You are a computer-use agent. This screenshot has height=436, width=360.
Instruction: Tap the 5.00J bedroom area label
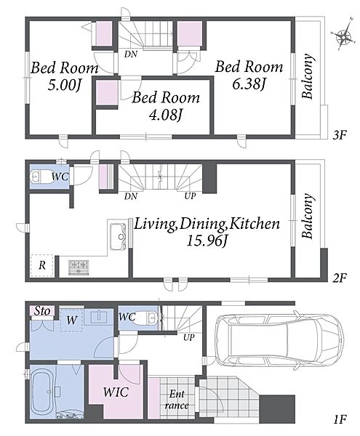tap(64, 85)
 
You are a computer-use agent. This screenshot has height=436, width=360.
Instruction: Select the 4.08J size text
tap(166, 115)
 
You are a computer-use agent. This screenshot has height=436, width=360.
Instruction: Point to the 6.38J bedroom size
tap(249, 84)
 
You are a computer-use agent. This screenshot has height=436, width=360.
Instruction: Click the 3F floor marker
tap(340, 135)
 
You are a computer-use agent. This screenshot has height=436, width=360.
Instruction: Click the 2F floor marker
tap(340, 278)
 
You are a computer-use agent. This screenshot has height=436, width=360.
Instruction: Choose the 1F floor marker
tap(340, 419)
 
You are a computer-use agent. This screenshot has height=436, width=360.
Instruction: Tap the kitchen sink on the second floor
tap(118, 237)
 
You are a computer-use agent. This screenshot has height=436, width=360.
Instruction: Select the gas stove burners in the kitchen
tap(79, 267)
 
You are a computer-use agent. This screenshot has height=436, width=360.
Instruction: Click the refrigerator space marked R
tap(42, 265)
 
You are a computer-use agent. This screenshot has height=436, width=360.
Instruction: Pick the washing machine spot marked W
tap(71, 320)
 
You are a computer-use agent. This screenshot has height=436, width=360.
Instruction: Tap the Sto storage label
tap(42, 311)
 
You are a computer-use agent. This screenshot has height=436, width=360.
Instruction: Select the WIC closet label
tap(116, 392)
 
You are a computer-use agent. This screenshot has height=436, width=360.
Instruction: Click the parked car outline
tap(279, 340)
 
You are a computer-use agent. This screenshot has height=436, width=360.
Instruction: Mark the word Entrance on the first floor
tap(177, 400)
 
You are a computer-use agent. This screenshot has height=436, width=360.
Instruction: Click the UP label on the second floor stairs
tap(191, 196)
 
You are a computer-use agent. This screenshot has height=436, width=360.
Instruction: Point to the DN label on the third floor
tap(131, 54)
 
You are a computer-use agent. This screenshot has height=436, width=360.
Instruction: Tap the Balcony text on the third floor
tap(308, 76)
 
